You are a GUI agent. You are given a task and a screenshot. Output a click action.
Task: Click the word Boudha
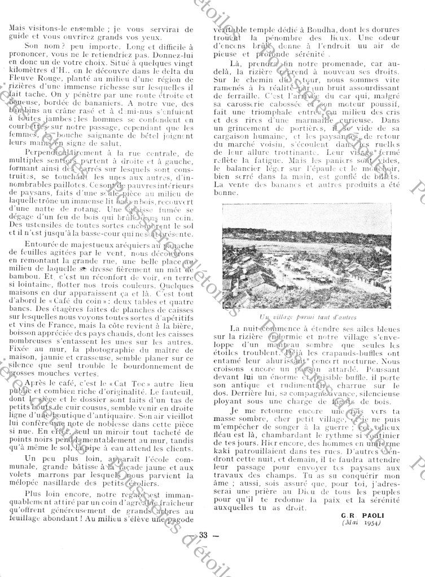[296, 33]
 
